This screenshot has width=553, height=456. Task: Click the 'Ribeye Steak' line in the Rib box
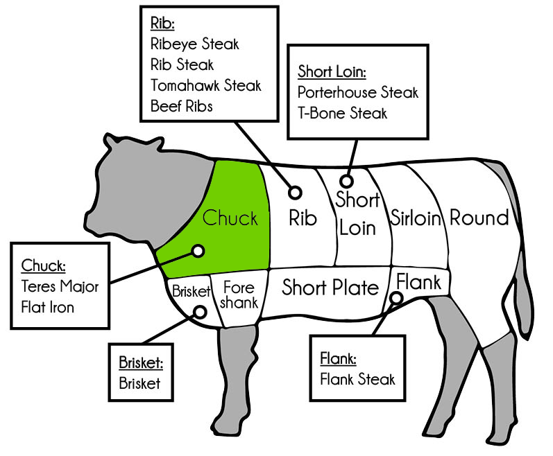pos(195,44)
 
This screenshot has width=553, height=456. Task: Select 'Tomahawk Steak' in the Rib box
pos(205,85)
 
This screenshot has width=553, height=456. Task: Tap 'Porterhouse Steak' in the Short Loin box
pos(357,93)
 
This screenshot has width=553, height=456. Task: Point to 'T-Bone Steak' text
pos(342,113)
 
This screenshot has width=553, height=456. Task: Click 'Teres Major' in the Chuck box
pos(60,286)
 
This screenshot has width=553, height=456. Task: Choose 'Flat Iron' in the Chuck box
pos(48,307)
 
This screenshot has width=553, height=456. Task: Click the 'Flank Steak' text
pos(357,379)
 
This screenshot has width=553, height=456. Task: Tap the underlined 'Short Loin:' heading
pos(332,71)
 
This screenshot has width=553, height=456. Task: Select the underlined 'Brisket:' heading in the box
pos(141,362)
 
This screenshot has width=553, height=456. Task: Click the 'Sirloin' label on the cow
pos(416,218)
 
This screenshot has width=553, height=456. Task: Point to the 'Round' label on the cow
pos(479,218)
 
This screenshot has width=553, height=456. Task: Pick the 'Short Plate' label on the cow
pos(330,288)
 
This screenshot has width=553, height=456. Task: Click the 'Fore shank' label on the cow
pos(239,295)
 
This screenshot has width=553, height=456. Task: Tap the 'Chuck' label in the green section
pos(230,218)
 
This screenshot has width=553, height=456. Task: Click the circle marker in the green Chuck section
pos(198,251)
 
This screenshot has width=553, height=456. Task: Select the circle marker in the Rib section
pos(295,193)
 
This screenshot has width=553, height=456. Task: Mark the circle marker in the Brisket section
pos(200,312)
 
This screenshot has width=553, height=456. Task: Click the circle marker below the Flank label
pos(397,298)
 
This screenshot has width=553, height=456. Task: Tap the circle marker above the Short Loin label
pos(346,182)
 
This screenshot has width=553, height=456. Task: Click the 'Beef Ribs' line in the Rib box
pos(182,106)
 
